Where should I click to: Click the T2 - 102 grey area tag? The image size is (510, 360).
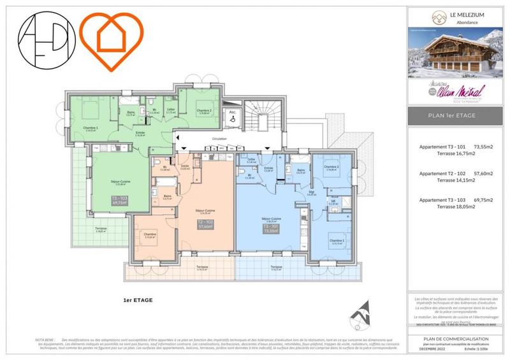pos(205,224)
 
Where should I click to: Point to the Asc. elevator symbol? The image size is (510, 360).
pos(232,116)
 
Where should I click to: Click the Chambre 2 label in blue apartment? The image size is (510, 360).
pos(331,168)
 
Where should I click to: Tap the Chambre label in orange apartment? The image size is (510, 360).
pos(149,235)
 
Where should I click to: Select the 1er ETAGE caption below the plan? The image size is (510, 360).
pos(138,299)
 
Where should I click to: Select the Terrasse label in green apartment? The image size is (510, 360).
pos(101,229)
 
